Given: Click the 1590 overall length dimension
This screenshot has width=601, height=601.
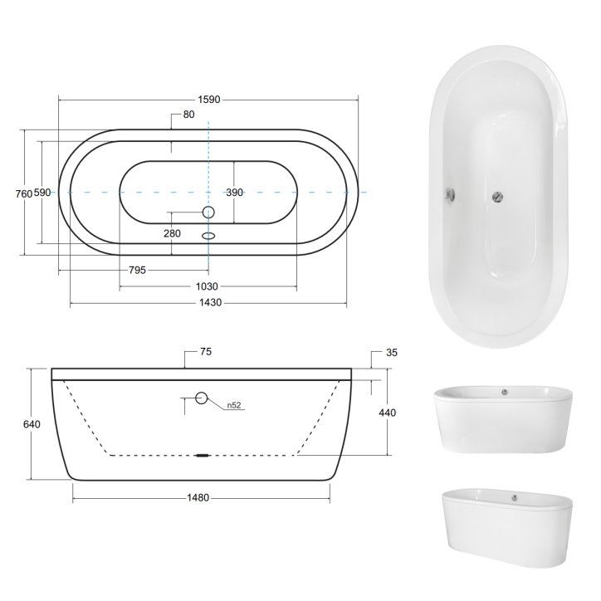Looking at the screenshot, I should (208, 100).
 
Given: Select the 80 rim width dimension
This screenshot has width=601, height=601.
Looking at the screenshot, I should (189, 115).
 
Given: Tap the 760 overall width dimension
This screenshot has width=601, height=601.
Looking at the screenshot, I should (24, 193).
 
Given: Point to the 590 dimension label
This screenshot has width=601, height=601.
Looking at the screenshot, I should (42, 193).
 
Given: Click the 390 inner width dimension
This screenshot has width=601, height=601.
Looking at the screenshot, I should (235, 193).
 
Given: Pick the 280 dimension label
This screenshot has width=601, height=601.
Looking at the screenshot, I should (172, 233).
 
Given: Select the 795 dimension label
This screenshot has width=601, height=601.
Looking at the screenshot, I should (138, 270).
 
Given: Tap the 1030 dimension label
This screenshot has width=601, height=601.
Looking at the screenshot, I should (207, 286).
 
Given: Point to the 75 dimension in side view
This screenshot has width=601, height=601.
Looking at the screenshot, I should (206, 352).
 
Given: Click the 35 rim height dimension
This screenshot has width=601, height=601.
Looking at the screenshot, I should (392, 353).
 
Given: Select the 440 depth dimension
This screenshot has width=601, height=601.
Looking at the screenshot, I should (388, 413).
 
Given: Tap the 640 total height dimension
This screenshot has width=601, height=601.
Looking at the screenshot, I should (32, 424).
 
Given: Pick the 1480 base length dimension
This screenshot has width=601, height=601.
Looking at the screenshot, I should (198, 498).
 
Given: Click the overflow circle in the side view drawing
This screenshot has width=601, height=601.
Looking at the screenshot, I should (202, 398).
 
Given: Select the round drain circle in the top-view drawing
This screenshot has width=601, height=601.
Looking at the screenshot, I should (208, 213).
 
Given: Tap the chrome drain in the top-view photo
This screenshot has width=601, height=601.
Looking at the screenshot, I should (496, 196).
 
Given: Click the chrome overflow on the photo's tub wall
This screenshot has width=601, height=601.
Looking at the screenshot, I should (449, 194).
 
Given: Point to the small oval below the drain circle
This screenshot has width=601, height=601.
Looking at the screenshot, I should (208, 235).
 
